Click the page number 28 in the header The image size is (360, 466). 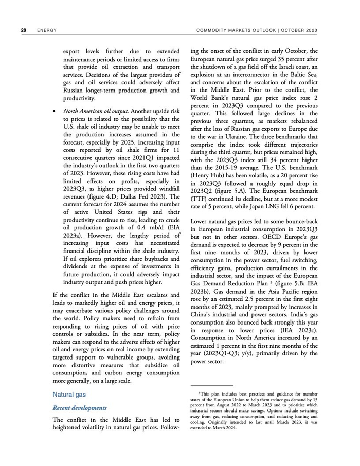coord(23,30)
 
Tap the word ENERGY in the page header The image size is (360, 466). coord(47,30)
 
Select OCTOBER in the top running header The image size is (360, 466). coord(294,30)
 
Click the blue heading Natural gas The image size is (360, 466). coord(68,395)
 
